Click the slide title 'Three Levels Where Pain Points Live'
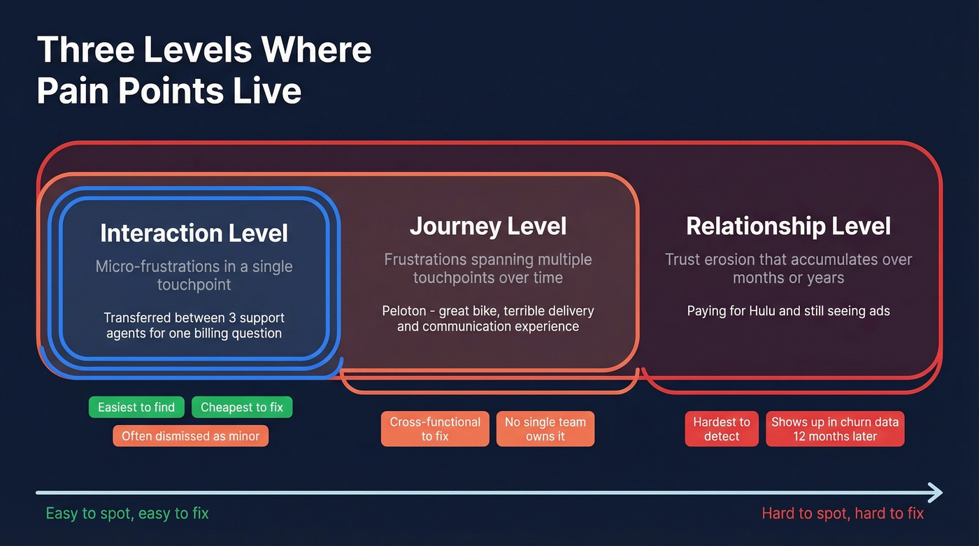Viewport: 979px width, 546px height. click(203, 70)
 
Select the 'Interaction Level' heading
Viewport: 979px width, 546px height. click(194, 233)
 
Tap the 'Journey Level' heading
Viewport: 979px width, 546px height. click(487, 226)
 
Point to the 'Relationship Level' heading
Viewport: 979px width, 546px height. click(788, 226)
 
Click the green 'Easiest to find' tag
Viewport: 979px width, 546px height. click(136, 408)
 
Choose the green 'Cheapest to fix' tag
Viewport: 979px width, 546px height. click(242, 408)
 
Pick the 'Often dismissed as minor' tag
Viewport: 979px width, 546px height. click(190, 436)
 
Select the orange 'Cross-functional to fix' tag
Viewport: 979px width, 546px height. click(435, 429)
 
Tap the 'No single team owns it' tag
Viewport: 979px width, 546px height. click(545, 429)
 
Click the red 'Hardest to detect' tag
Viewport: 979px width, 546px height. click(721, 429)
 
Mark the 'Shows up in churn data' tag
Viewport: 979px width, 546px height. click(834, 429)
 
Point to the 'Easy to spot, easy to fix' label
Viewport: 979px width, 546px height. click(127, 513)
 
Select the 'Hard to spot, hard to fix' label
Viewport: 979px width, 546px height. click(842, 513)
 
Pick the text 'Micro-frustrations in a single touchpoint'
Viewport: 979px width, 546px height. click(194, 275)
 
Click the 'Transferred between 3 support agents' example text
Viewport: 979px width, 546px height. click(194, 325)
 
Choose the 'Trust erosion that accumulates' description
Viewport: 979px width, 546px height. click(788, 268)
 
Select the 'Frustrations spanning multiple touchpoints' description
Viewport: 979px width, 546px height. click(487, 268)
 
